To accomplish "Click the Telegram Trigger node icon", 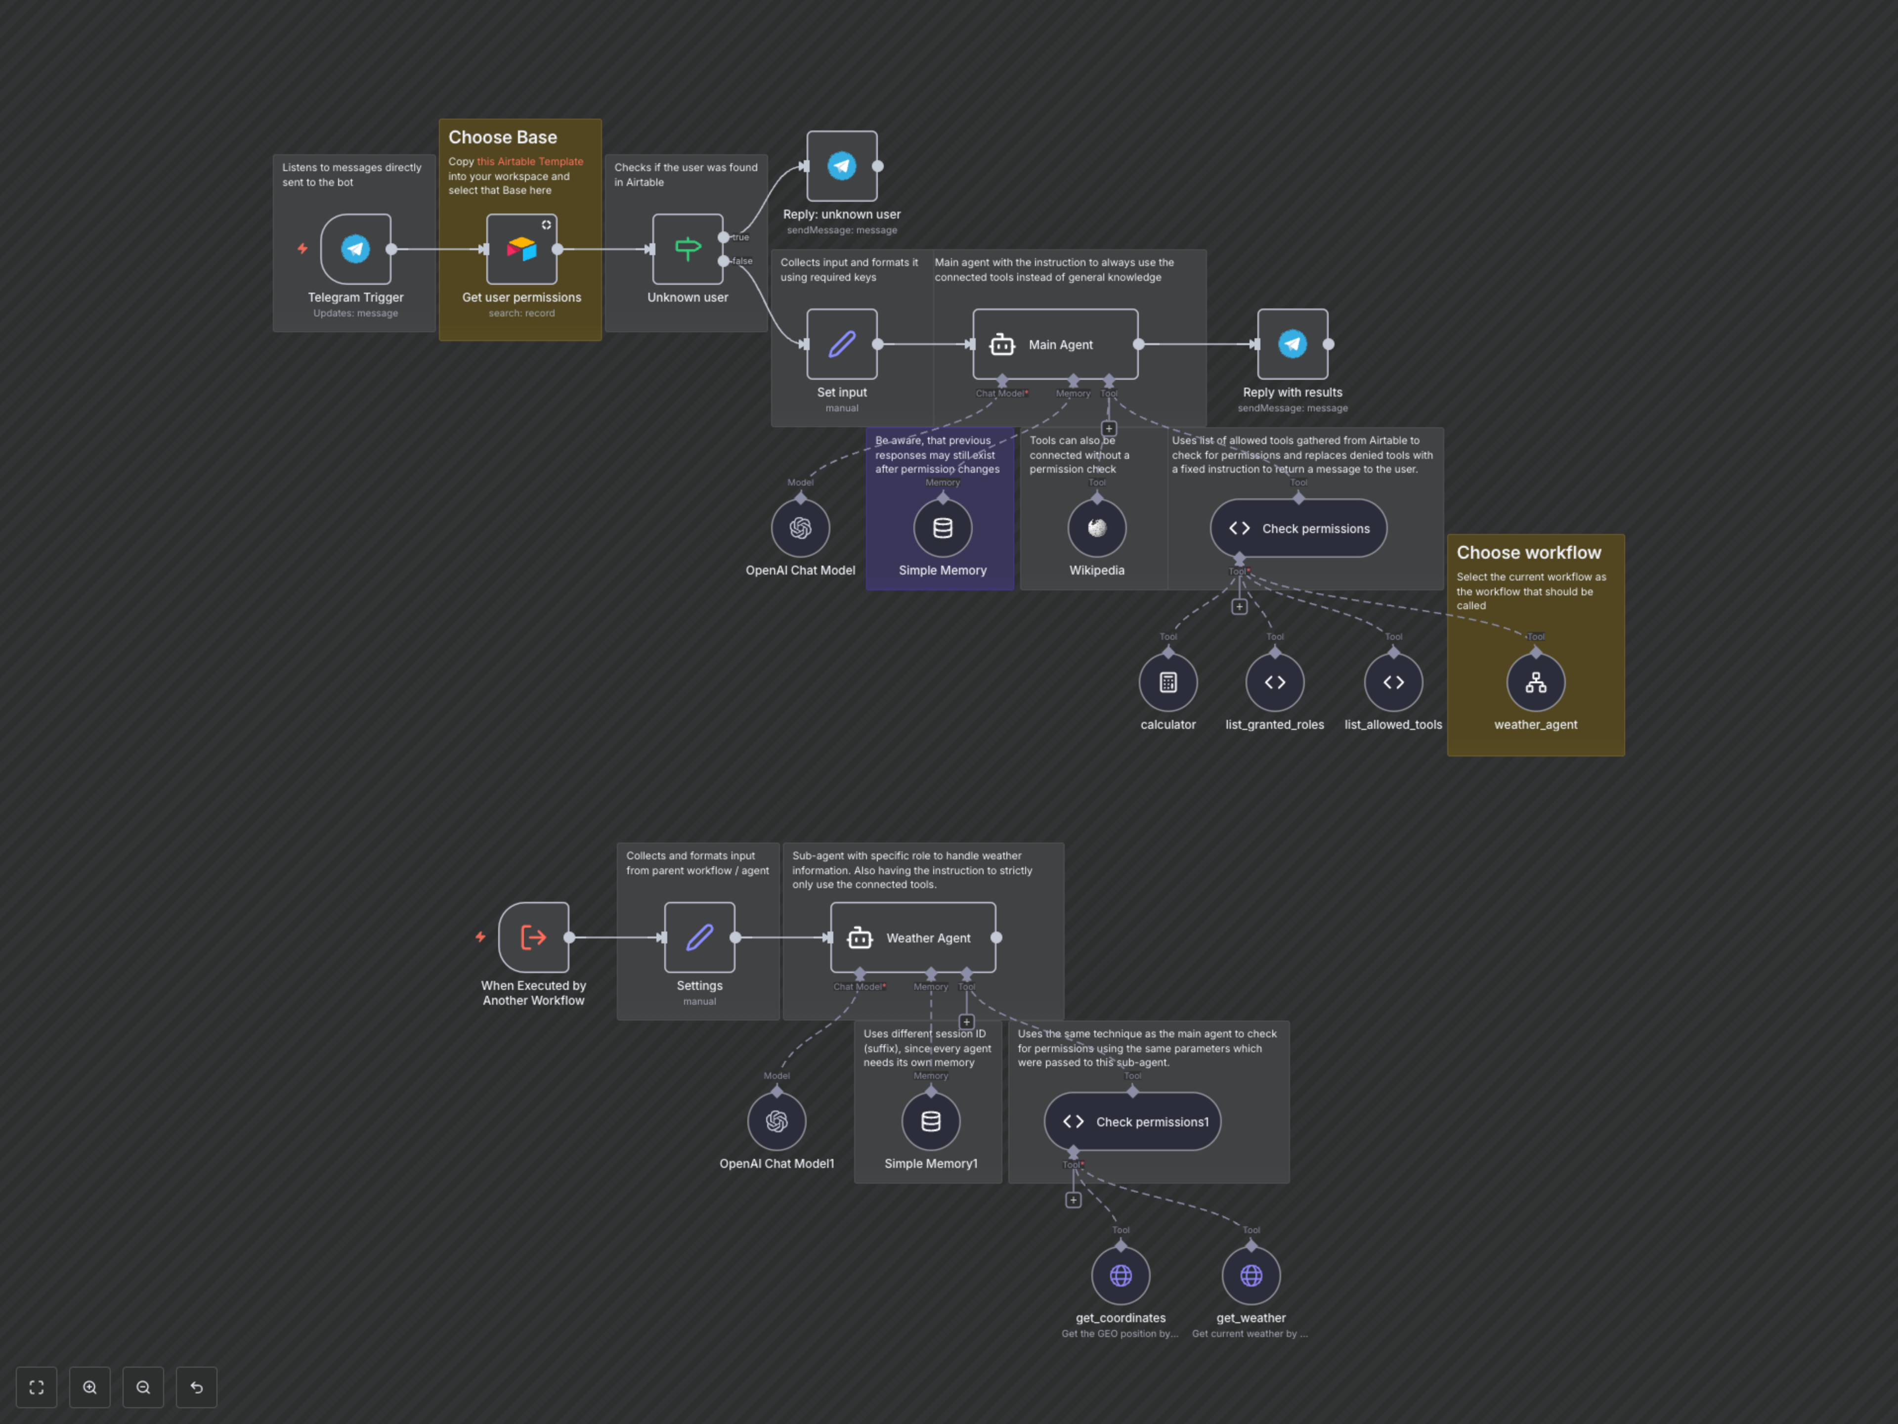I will coord(355,249).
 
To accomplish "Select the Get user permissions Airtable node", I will coord(521,249).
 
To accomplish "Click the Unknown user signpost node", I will coord(688,249).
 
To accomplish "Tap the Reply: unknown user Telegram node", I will coord(842,166).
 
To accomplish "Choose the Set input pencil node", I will coord(842,344).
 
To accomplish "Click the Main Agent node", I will coord(1055,344).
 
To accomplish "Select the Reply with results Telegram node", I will coord(1292,344).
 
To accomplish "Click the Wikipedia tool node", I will coord(1097,528).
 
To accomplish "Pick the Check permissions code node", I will coord(1298,528).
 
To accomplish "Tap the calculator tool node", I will coord(1168,682).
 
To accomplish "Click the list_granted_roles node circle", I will coord(1274,682).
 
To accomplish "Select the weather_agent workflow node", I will coord(1535,682).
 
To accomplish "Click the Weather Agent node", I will coord(913,937).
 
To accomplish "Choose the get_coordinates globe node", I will coord(1121,1276).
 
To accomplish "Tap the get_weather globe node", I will coord(1251,1276).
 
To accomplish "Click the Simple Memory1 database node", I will coord(931,1121).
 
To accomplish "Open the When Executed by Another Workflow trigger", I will coord(533,937).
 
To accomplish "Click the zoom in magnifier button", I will coord(90,1387).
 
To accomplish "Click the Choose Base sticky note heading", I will coord(503,137).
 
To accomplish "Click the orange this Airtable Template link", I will coord(529,161).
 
